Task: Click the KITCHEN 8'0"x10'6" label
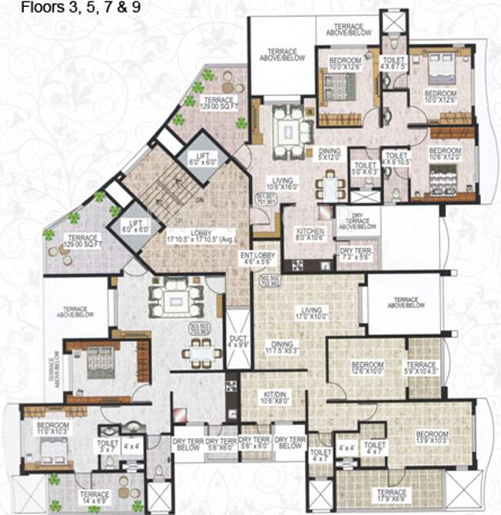click(x=305, y=234)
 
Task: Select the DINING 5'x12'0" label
click(x=331, y=154)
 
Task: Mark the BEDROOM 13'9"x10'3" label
click(x=432, y=437)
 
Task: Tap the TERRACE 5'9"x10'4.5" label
click(x=421, y=367)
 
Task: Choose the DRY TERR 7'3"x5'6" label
click(x=355, y=254)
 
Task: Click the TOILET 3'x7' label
click(x=105, y=447)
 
